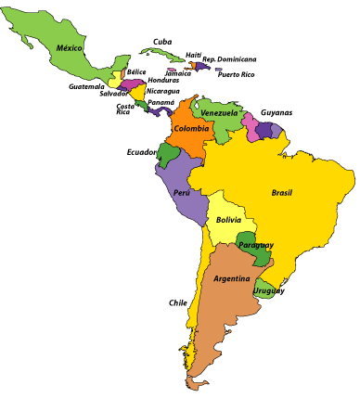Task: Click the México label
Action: [x=69, y=47]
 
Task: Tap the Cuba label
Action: [x=162, y=41]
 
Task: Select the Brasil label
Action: [x=281, y=193]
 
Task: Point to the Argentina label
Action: [x=231, y=278]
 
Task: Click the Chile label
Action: [x=177, y=302]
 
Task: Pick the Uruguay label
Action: [x=271, y=290]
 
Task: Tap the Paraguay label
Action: [x=255, y=245]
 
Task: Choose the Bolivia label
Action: [x=228, y=220]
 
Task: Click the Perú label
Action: [x=182, y=193]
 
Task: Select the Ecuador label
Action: [x=142, y=152]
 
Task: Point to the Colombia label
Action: [x=191, y=128]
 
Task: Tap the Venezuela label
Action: [x=220, y=113]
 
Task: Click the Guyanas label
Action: [x=276, y=111]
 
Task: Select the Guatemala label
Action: [x=86, y=86]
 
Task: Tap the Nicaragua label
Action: [x=162, y=91]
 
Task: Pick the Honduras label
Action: [x=163, y=81]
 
